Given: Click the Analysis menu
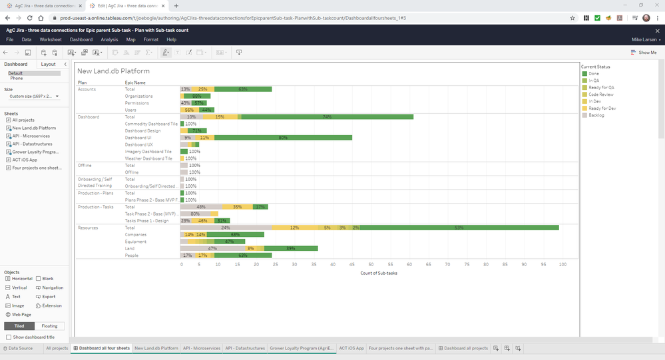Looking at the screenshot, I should click(109, 40).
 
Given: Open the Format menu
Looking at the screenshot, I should click(151, 40).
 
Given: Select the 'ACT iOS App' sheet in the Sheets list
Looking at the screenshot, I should click(25, 160).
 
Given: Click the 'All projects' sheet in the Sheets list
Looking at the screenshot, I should click(23, 120).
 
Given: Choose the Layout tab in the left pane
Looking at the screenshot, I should click(48, 64).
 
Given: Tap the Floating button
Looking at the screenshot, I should click(49, 326).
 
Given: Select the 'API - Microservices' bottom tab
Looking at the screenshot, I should click(202, 348).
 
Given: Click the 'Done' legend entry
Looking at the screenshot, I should click(594, 73).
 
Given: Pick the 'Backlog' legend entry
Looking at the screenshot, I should click(596, 115).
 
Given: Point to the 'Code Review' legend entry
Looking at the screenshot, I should click(600, 94).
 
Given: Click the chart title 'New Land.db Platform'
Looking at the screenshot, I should click(113, 71).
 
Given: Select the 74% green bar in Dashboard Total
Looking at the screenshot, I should click(327, 117).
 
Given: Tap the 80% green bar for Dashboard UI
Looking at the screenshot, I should click(283, 138).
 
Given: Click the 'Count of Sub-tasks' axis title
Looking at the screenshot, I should click(379, 273).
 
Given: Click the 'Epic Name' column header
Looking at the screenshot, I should click(135, 83).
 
